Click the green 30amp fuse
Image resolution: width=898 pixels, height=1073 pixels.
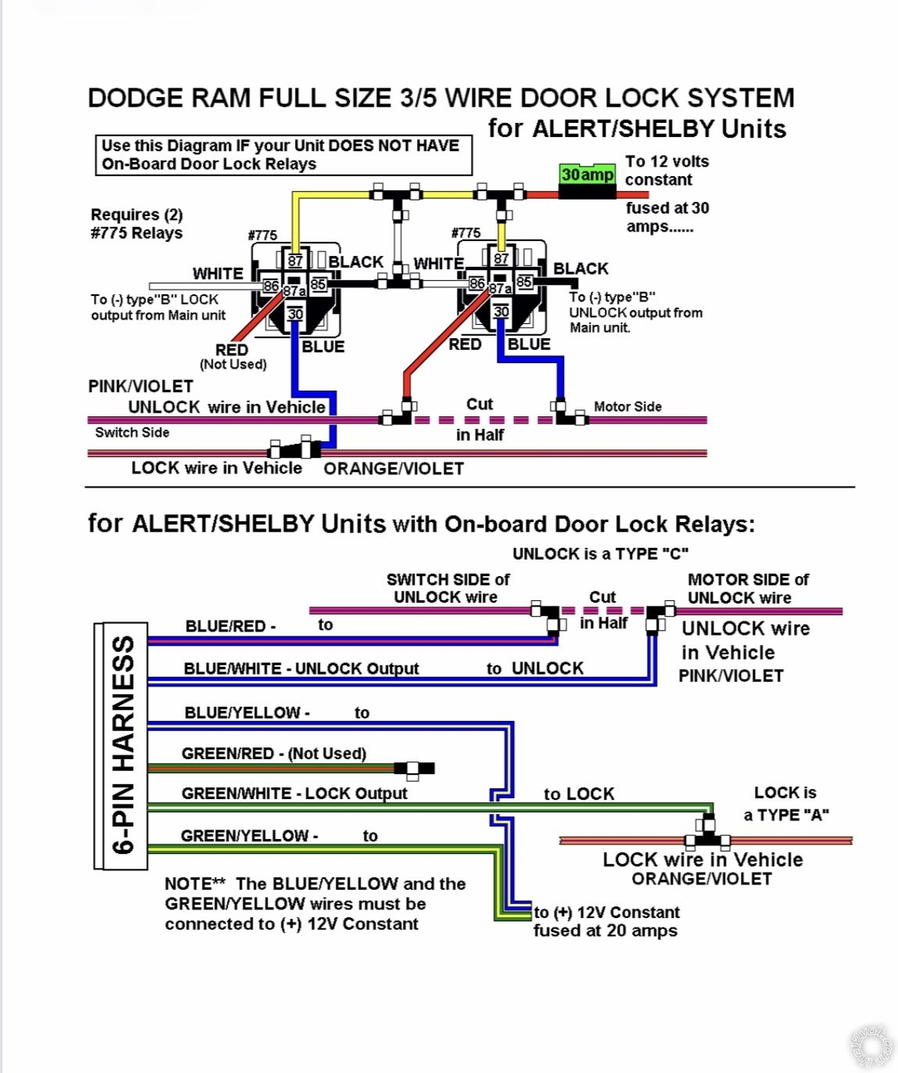click(x=587, y=175)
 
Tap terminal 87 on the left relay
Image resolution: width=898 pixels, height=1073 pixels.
click(x=295, y=261)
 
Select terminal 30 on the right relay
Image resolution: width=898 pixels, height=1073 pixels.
click(x=501, y=311)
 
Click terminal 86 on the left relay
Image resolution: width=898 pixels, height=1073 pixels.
click(x=271, y=286)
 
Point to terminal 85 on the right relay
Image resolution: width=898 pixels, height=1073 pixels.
click(x=524, y=282)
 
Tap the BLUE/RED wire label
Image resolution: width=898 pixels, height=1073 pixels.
click(x=230, y=626)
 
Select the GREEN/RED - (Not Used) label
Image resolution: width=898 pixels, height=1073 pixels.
click(x=274, y=753)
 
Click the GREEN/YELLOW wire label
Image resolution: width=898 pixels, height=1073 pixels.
click(x=249, y=836)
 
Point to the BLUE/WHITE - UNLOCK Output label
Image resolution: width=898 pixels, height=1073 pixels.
click(x=301, y=668)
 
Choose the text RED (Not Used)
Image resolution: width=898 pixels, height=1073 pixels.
click(x=232, y=356)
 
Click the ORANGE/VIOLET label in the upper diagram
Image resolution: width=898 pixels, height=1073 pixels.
click(x=393, y=469)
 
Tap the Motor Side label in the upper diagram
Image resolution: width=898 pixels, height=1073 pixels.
click(x=627, y=406)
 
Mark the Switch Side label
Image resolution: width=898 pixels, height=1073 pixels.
click(x=132, y=432)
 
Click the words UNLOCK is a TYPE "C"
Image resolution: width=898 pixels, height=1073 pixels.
click(x=600, y=554)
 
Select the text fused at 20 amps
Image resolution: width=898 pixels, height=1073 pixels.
click(x=605, y=931)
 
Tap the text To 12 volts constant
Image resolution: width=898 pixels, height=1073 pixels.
click(x=666, y=171)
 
